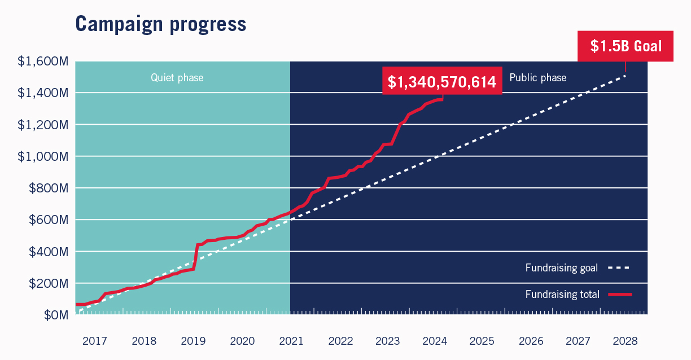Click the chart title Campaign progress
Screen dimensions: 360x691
(x=160, y=24)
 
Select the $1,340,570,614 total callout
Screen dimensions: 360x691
(x=442, y=82)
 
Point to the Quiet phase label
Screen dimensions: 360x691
(x=177, y=78)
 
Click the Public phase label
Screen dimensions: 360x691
(x=537, y=78)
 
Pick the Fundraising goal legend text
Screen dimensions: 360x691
(x=561, y=268)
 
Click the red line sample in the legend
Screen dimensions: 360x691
(x=619, y=294)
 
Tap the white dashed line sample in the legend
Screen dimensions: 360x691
(x=619, y=268)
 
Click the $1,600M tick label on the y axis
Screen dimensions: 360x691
(x=43, y=61)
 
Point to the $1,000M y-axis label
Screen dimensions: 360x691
(x=43, y=156)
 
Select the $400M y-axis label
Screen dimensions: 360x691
(x=47, y=252)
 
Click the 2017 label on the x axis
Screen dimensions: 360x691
(x=94, y=341)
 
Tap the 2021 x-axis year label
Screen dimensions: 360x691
(x=291, y=341)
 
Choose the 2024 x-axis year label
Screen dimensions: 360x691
(x=435, y=341)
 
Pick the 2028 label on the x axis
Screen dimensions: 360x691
(x=625, y=341)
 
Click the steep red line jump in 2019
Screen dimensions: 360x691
(x=195, y=257)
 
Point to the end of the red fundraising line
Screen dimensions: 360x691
(x=442, y=99)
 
